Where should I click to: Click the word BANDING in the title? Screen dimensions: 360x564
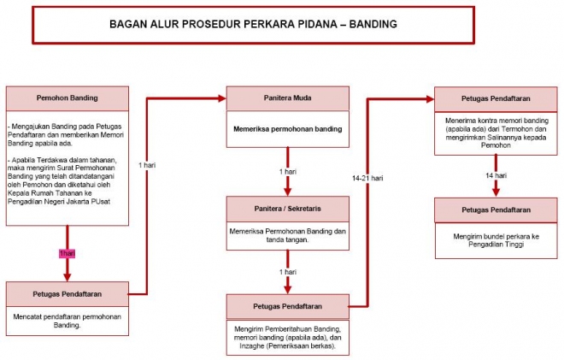(x=373, y=24)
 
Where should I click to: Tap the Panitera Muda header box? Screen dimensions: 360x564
(x=287, y=97)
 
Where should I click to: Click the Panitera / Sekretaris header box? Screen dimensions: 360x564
(x=288, y=208)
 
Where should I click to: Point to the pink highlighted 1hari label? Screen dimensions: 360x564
(x=68, y=253)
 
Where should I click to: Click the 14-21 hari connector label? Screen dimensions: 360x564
(x=367, y=178)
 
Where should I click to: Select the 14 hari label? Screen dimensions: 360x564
(x=496, y=176)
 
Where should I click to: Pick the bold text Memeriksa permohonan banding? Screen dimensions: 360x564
(x=287, y=129)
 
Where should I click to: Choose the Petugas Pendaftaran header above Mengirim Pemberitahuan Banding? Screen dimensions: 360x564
(x=287, y=305)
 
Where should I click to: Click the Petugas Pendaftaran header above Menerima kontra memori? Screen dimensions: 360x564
(x=496, y=97)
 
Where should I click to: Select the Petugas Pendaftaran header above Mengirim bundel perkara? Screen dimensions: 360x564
(x=496, y=210)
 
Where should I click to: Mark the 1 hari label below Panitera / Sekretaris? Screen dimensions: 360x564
(x=287, y=272)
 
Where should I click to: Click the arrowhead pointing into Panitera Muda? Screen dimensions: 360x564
(x=220, y=97)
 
